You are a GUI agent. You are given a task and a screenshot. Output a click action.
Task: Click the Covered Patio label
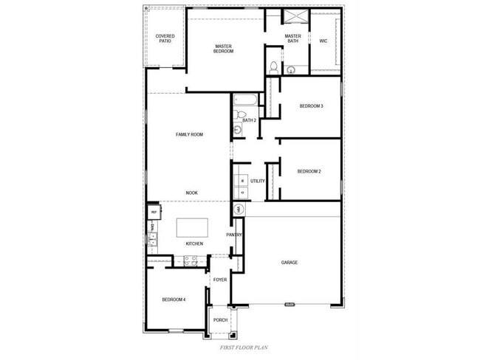[165, 38]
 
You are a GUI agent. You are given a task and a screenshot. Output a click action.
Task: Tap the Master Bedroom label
[223, 49]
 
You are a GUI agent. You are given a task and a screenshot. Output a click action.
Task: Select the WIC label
[323, 41]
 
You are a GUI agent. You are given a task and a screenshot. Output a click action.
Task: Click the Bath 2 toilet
[239, 116]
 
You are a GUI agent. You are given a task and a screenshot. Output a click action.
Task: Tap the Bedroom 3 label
[311, 106]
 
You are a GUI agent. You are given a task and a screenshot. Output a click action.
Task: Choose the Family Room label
[189, 134]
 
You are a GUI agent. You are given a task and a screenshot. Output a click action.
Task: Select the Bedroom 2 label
[309, 172]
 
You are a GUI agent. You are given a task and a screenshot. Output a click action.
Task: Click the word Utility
[257, 181]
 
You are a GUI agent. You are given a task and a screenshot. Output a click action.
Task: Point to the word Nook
[191, 193]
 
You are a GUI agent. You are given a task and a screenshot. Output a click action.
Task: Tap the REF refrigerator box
[154, 212]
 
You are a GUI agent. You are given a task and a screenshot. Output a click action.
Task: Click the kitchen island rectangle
[191, 227]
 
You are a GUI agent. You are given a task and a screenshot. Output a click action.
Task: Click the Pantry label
[234, 235]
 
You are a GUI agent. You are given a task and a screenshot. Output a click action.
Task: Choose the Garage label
[289, 263]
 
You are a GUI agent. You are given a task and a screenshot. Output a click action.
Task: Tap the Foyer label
[220, 280]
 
